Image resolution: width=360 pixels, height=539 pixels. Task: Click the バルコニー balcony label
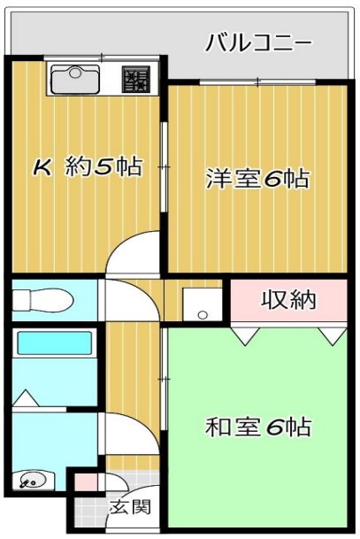[x=258, y=42]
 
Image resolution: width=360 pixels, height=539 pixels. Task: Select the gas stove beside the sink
[x=137, y=81]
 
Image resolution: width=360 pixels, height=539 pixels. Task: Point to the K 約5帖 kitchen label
[x=88, y=167]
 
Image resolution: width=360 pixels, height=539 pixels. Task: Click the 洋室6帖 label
[x=257, y=179]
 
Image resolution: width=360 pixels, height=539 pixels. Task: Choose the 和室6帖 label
[x=258, y=427]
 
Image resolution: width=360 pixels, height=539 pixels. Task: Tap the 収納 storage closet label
[x=287, y=299]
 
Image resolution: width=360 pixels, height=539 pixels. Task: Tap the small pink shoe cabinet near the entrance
[x=85, y=483]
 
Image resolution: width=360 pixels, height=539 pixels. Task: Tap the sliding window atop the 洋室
[x=257, y=82]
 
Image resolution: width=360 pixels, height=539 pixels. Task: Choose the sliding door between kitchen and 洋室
[x=164, y=168]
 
